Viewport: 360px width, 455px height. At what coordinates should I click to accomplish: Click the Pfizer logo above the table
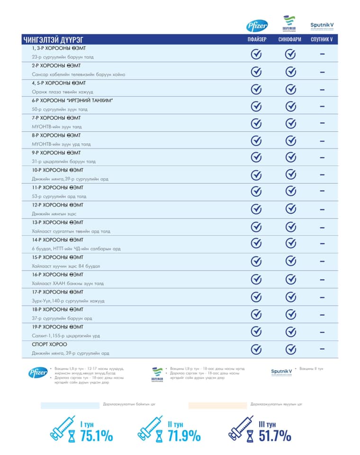(x=256, y=26)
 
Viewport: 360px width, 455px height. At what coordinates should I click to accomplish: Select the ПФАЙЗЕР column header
(x=256, y=40)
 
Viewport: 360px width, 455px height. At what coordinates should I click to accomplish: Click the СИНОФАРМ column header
(x=290, y=40)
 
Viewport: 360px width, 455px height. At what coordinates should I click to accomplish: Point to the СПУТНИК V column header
(x=322, y=40)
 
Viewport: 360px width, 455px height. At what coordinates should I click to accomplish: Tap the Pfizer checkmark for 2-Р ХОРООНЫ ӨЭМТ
(x=256, y=72)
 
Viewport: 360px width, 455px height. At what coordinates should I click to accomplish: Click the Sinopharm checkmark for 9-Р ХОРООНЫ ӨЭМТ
(x=290, y=157)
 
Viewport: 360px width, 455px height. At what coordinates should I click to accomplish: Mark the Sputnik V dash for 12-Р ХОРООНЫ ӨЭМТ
(x=322, y=209)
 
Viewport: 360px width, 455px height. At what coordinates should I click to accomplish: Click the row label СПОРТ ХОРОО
(x=49, y=344)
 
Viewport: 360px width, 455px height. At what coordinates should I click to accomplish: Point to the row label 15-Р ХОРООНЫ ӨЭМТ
(x=57, y=257)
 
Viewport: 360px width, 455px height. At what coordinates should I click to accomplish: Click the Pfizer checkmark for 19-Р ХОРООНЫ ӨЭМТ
(x=256, y=331)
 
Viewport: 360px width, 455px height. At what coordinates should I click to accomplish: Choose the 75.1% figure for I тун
(x=97, y=436)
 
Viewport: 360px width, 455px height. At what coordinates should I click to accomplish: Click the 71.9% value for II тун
(x=183, y=436)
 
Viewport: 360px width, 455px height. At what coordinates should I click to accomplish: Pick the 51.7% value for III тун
(x=275, y=436)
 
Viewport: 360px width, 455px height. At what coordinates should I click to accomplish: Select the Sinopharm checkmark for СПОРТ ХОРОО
(x=290, y=349)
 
